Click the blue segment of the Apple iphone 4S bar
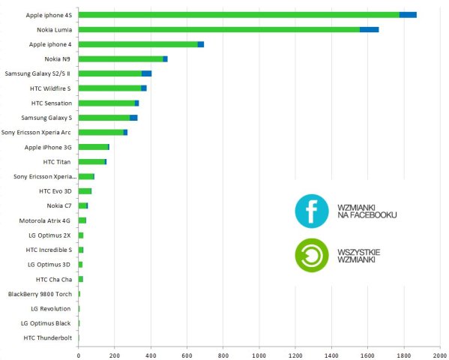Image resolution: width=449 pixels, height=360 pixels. click(x=408, y=15)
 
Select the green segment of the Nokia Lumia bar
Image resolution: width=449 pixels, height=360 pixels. click(x=219, y=29)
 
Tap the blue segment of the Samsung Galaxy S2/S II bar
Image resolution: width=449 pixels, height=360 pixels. click(x=147, y=73)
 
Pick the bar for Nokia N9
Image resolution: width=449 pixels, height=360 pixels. click(x=123, y=59)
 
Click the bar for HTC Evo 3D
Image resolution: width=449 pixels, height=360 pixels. click(x=85, y=191)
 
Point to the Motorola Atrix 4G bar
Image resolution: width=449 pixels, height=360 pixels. click(x=82, y=220)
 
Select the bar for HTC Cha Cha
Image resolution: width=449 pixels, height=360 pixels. click(x=81, y=279)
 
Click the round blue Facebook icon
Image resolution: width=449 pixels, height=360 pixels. click(x=312, y=211)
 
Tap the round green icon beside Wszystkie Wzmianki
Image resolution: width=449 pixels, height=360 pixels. click(x=312, y=256)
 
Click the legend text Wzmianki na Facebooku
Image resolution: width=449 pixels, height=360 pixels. click(x=367, y=211)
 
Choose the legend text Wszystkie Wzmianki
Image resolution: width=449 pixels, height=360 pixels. click(x=359, y=256)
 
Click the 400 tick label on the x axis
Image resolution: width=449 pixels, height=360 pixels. click(x=151, y=355)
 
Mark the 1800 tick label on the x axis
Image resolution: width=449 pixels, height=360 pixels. click(x=404, y=355)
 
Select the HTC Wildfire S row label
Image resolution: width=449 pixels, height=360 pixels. click(x=50, y=88)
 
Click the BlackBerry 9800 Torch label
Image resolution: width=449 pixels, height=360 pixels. click(x=40, y=294)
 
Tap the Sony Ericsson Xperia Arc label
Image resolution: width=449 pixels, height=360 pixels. click(x=36, y=133)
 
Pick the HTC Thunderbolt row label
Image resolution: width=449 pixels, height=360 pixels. click(x=48, y=338)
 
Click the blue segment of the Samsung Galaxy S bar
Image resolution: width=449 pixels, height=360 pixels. click(x=133, y=118)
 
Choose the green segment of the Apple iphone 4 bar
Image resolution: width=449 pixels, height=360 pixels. click(x=138, y=44)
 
